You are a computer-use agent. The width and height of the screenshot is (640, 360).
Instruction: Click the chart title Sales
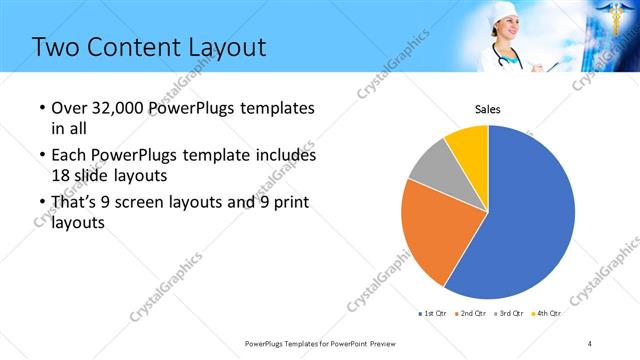tap(487, 109)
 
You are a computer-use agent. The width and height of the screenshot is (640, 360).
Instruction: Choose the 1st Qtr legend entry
tap(434, 313)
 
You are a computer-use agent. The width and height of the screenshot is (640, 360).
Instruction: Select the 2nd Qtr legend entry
tap(472, 313)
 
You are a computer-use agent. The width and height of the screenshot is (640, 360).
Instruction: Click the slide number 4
tap(590, 343)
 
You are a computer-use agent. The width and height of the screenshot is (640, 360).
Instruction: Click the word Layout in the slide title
tap(221, 47)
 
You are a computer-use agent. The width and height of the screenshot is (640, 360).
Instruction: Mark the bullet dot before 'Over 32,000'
tap(40, 108)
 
